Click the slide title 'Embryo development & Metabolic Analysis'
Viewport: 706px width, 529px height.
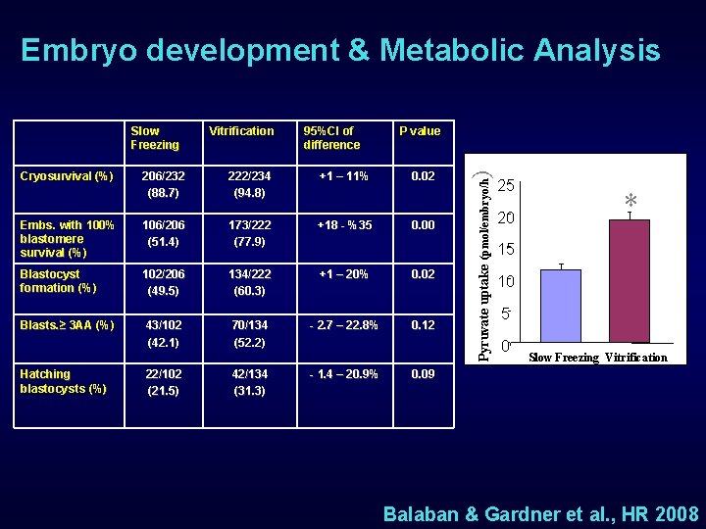(x=340, y=50)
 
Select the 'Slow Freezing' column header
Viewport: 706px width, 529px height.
(x=155, y=138)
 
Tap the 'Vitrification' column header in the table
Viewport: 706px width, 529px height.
(x=241, y=131)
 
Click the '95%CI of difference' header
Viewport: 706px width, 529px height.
(x=331, y=138)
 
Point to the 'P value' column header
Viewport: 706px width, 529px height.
(x=419, y=131)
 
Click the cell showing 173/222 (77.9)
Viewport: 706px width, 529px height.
(x=248, y=233)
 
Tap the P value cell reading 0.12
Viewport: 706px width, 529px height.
(x=423, y=325)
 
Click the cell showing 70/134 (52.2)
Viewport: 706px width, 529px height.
(x=248, y=333)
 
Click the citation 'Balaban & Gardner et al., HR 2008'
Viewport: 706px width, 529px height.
(x=540, y=514)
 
